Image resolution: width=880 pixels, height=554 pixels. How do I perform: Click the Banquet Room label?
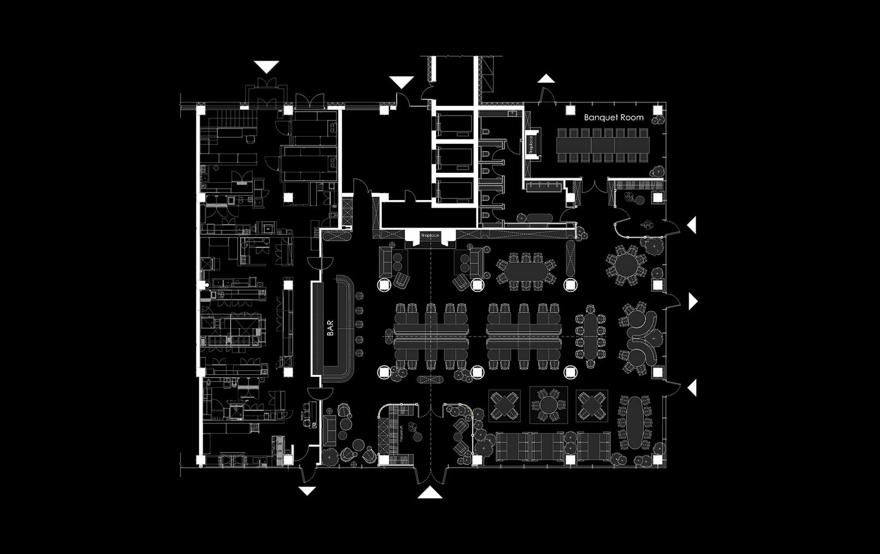coord(613,117)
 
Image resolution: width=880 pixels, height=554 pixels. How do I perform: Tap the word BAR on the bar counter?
coord(330,328)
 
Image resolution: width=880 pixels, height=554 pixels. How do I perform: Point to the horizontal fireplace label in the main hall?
coord(430,236)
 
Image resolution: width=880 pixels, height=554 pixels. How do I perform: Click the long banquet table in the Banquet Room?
coord(602,144)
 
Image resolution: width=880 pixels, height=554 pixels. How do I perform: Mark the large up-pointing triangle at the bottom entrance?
coord(430,493)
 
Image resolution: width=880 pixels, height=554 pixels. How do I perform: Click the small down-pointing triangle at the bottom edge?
coord(307,491)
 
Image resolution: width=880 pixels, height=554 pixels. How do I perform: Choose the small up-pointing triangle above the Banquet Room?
coord(546,79)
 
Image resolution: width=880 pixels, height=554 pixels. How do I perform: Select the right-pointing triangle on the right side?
coord(693,301)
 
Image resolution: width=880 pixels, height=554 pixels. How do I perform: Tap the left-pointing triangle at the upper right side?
coord(692,225)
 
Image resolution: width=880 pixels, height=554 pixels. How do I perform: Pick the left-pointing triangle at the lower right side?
coord(692,388)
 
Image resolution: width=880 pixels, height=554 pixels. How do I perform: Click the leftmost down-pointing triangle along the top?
coord(267,67)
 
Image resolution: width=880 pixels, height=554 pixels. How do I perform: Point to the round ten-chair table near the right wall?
coord(626,265)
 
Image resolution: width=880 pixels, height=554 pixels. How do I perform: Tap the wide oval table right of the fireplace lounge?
coord(526,270)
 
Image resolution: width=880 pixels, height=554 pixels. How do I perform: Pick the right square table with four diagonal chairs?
coord(592,405)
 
